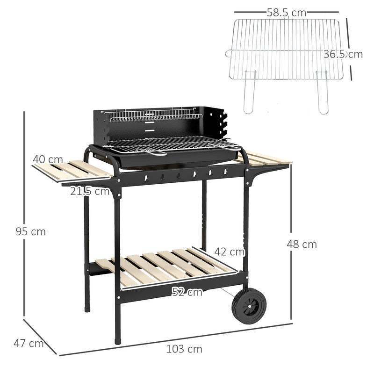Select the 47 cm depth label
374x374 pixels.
tap(29, 344)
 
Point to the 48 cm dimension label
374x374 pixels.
tap(302, 244)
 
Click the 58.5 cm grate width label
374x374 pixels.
tap(287, 13)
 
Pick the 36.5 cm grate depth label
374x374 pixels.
tap(343, 54)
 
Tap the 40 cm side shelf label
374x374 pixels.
tap(48, 159)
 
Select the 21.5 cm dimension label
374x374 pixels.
tap(90, 191)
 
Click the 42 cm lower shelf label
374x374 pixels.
tap(230, 252)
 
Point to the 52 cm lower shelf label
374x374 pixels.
tap(187, 292)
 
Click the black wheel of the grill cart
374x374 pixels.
tap(249, 306)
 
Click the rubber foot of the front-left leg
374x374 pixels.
tap(118, 340)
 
